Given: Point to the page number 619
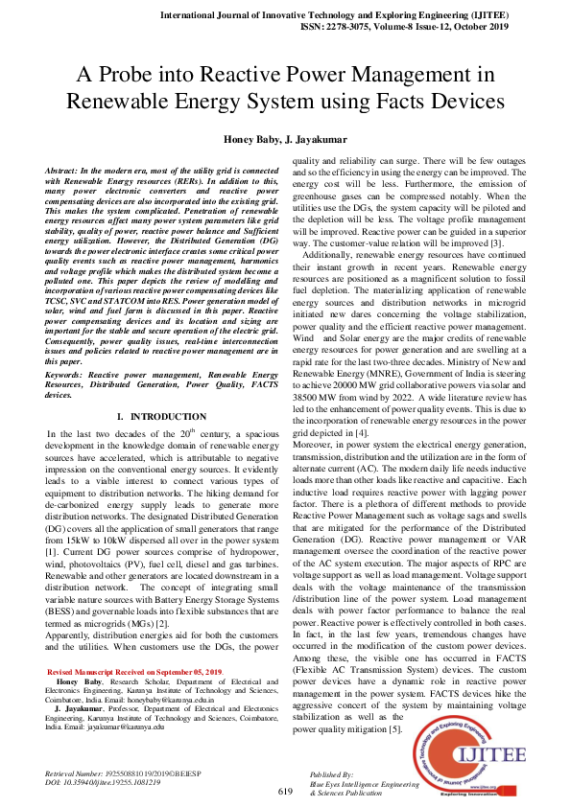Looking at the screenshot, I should point(285,792).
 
